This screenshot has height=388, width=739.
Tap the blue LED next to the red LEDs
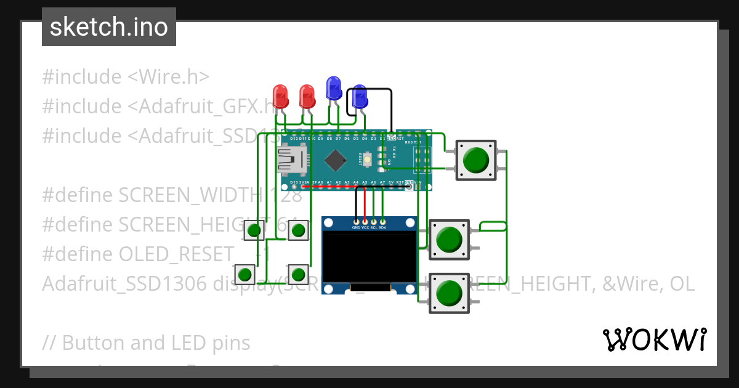point(334,88)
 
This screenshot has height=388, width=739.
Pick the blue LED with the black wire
point(360,96)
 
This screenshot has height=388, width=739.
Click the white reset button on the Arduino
point(368,160)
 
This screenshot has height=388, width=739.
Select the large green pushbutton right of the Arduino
point(475,160)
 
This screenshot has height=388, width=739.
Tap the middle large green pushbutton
point(448,240)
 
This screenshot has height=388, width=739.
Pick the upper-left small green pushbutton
point(254,231)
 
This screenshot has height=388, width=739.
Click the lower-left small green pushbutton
point(244,273)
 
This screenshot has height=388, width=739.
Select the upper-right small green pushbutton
point(298,231)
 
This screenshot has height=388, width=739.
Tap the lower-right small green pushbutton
point(298,273)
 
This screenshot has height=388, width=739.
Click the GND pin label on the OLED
point(356,227)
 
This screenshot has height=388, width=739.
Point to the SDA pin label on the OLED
point(382,227)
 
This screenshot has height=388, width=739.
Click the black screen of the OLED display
point(369,256)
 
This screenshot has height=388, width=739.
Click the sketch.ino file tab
point(109,27)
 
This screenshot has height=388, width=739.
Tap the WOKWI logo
point(653,339)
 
